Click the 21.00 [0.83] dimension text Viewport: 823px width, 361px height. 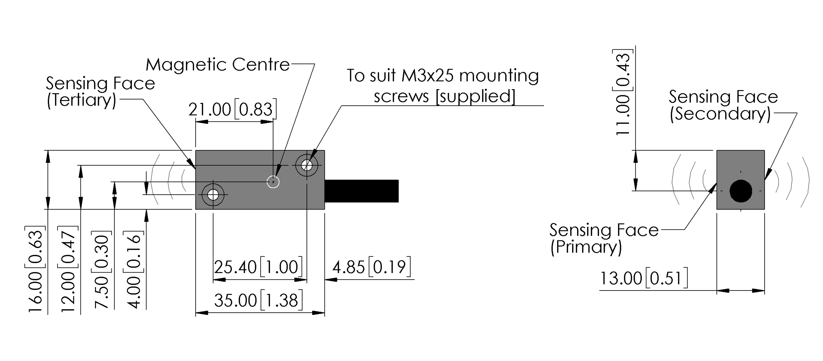[232, 109]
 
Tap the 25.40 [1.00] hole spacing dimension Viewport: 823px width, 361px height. [258, 267]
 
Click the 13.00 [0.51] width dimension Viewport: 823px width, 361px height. [644, 278]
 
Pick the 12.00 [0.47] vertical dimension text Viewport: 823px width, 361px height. [68, 269]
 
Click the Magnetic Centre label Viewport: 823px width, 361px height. [218, 65]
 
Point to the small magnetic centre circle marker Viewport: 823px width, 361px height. [273, 182]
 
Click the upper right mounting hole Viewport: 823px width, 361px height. [307, 165]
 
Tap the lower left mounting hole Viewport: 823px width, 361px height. [213, 194]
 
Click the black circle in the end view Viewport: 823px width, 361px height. [741, 191]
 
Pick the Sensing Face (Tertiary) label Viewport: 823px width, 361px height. [100, 92]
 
